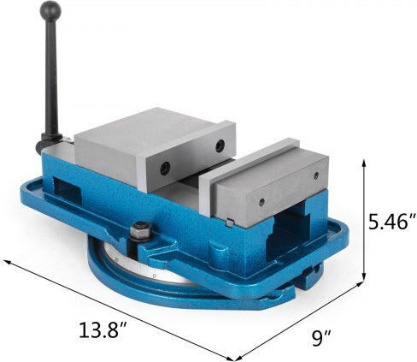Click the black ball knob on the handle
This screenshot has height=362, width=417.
[51, 10]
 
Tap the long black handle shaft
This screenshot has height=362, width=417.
[51, 77]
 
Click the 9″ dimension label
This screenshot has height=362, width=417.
[321, 338]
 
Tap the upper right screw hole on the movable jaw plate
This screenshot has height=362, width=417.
[220, 145]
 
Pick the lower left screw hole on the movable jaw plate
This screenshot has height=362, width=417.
[165, 169]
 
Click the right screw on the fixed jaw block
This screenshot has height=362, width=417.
[315, 175]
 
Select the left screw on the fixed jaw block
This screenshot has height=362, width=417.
[261, 202]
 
